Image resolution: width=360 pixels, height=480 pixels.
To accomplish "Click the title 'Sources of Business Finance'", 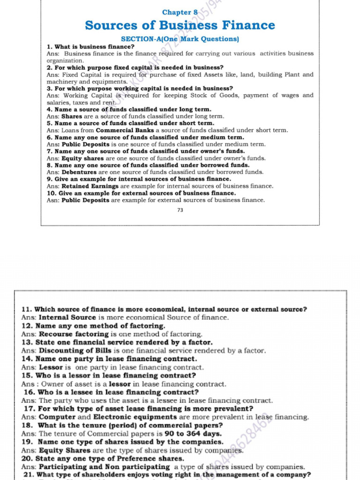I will tap(180, 25).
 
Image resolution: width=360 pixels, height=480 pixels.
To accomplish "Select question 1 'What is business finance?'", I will tap(90, 47).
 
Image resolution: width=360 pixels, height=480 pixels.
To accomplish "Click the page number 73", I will tap(180, 210).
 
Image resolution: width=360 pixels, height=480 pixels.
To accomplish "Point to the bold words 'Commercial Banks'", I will tap(125, 130).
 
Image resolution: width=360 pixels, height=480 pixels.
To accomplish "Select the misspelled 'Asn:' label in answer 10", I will tap(53, 200).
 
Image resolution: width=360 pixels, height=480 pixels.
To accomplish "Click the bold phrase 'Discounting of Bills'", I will tap(75, 351).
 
